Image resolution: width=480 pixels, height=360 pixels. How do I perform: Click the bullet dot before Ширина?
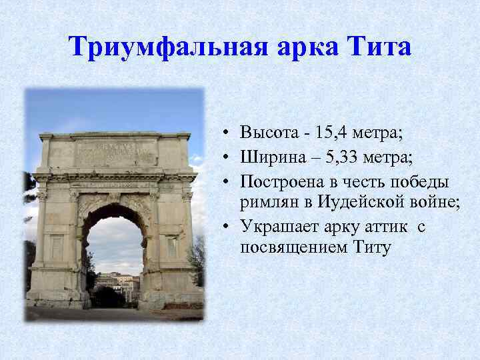[x=227, y=157]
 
